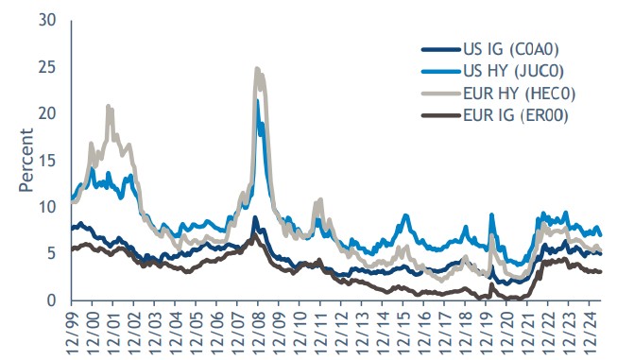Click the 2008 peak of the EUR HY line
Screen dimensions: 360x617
pos(257,69)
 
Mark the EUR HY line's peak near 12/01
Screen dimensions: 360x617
pos(109,106)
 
